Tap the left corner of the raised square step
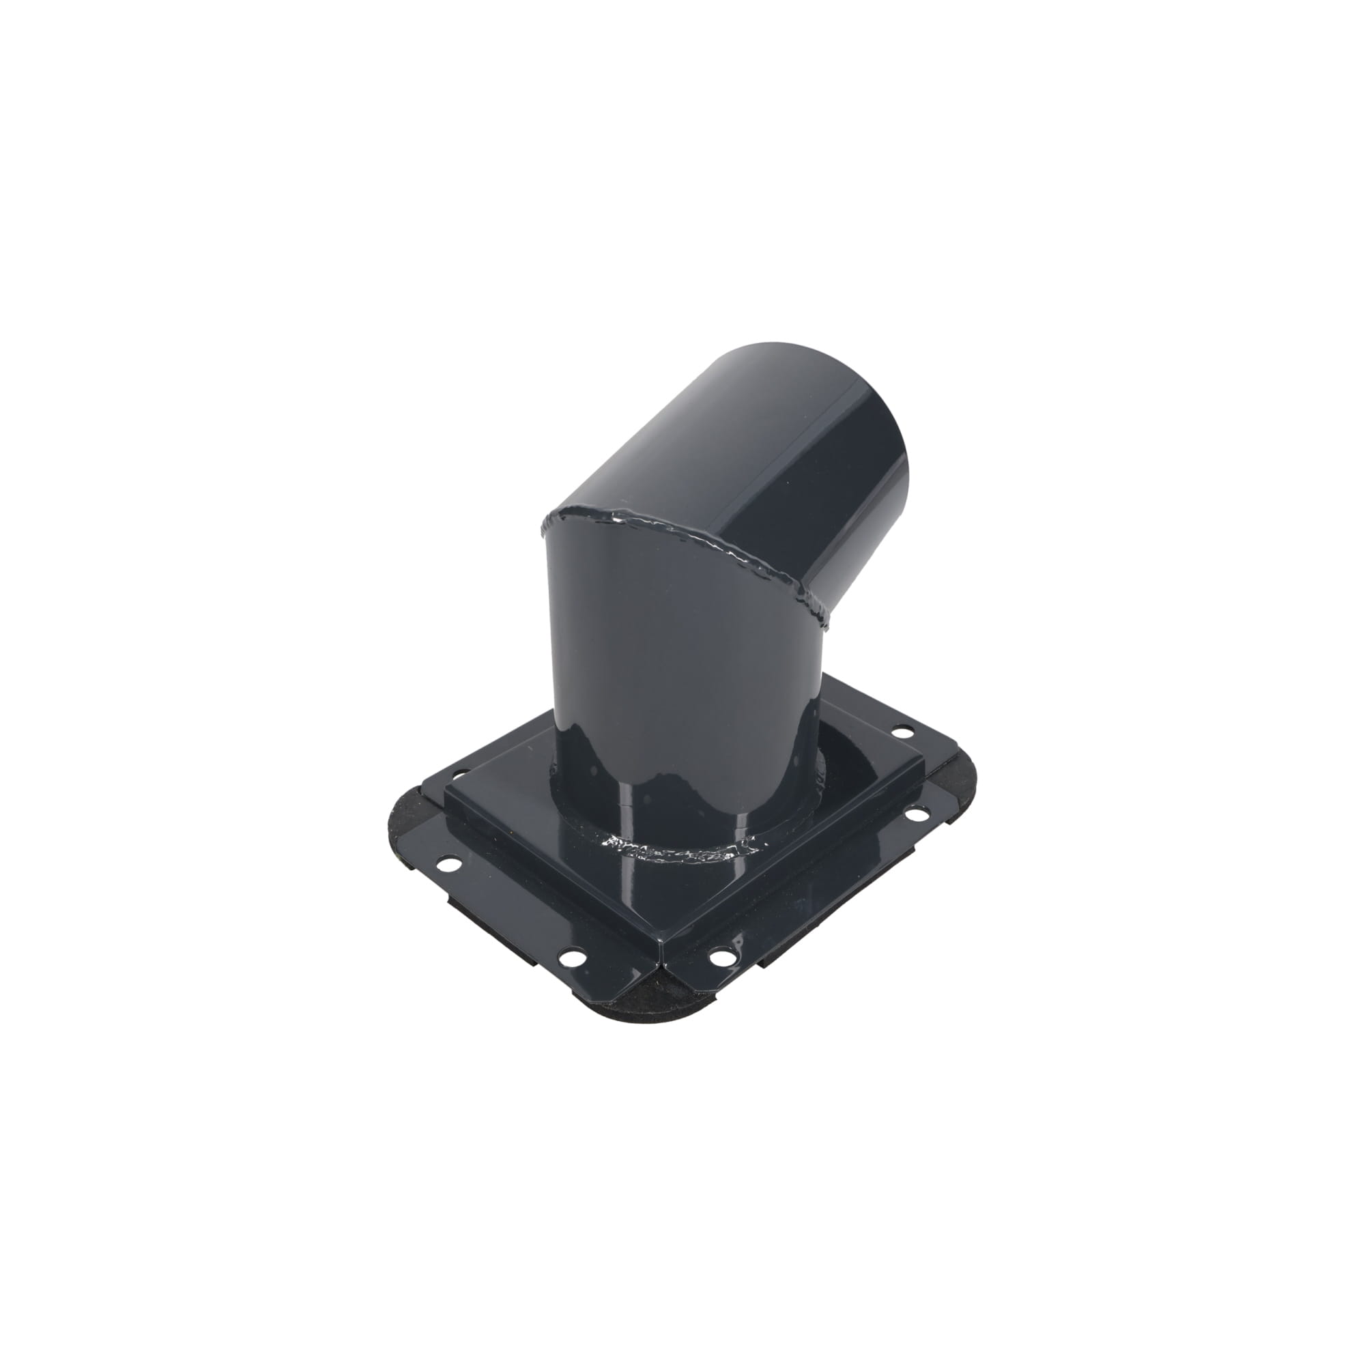[446, 790]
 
